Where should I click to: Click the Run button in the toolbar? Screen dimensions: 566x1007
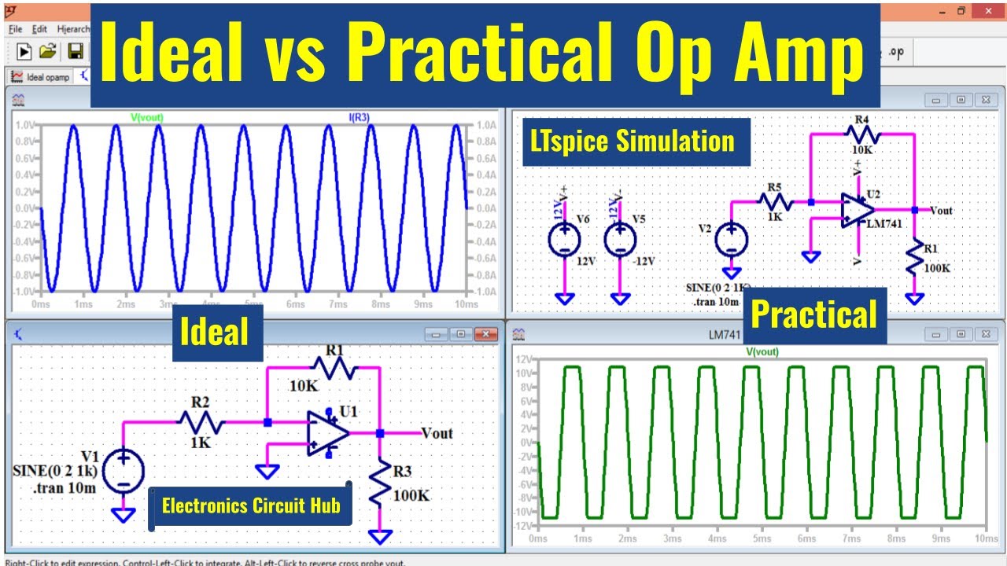[24, 52]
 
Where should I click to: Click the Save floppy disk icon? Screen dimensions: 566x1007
[76, 52]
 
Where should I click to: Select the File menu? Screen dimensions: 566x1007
[15, 29]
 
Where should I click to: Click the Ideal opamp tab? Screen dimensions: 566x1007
[41, 77]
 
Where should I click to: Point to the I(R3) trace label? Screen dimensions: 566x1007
[360, 117]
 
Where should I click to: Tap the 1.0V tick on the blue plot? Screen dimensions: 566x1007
[25, 126]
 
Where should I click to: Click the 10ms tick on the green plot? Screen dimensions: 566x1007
[985, 539]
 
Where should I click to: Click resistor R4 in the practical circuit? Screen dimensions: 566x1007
[861, 134]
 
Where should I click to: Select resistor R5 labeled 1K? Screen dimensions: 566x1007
[775, 202]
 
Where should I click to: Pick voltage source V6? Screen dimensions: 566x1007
[565, 240]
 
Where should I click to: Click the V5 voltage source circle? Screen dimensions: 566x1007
[621, 240]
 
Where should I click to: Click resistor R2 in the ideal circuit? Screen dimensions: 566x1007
[201, 423]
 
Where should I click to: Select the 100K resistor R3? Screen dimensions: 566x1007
[380, 483]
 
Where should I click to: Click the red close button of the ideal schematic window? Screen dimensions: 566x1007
[487, 334]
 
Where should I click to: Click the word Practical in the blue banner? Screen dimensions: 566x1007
[813, 314]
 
